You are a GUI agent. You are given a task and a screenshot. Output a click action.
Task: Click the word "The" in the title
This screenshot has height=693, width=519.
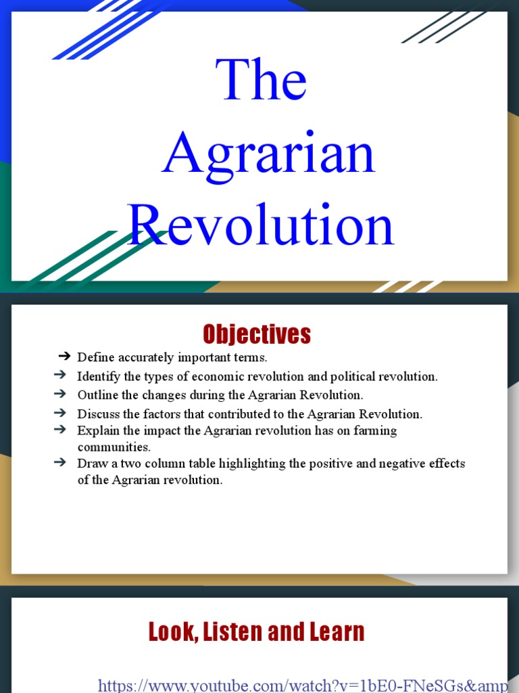[262, 81]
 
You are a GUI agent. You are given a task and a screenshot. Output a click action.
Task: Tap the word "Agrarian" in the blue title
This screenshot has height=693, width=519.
[268, 154]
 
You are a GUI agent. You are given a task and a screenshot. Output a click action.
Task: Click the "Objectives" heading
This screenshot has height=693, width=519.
[257, 334]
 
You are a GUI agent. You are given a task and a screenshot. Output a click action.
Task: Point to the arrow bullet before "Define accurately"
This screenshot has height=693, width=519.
[65, 357]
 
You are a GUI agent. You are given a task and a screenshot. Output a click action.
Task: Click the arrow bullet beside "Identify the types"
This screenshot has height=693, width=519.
[59, 376]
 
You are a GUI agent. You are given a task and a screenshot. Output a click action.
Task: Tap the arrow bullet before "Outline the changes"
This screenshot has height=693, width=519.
[59, 394]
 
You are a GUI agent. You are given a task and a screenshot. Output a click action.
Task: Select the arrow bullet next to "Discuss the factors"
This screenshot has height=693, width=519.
[59, 413]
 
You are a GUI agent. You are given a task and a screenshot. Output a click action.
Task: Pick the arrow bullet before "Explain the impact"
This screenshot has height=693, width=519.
[59, 430]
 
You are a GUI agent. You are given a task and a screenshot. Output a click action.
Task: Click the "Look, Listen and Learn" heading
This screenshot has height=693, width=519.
[257, 632]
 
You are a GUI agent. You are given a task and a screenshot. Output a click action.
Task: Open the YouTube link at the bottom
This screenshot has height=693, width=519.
[303, 684]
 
